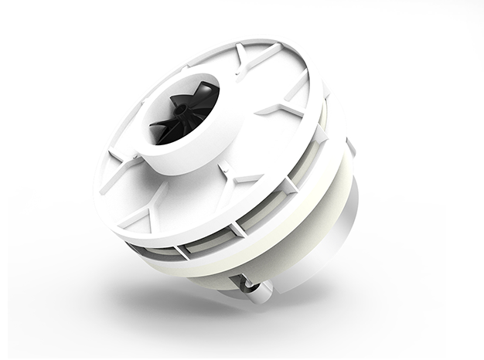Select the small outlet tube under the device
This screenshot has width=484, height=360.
tap(256, 290)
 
